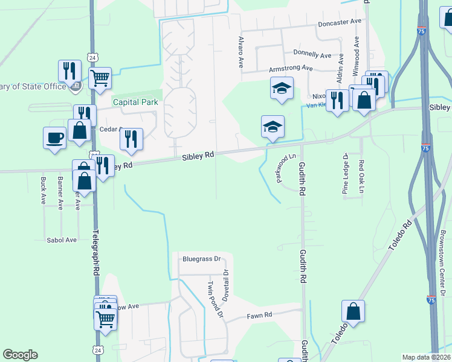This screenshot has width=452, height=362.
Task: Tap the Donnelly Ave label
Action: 312,55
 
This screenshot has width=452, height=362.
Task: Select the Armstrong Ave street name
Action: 290,69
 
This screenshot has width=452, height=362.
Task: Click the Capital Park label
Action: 136,102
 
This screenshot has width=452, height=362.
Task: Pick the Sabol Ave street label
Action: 62,240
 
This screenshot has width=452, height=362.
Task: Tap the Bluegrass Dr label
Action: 202,259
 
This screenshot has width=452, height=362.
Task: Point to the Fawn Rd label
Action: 260,315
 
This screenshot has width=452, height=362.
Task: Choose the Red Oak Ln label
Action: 361,173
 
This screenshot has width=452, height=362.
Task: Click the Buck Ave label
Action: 43,189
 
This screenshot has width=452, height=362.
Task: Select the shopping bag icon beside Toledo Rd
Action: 354,311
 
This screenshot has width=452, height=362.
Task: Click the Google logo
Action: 20,355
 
